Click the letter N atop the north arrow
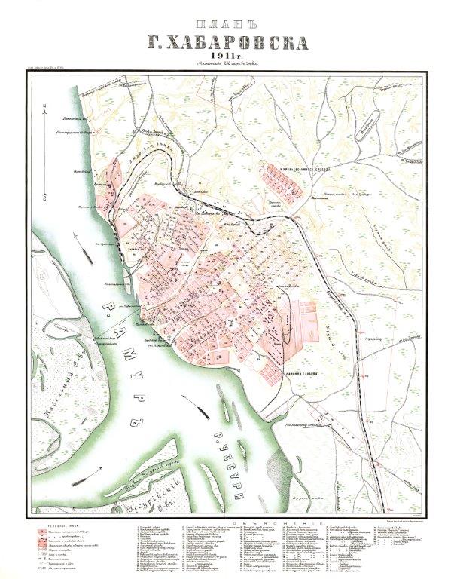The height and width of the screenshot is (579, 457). click(47, 106)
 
